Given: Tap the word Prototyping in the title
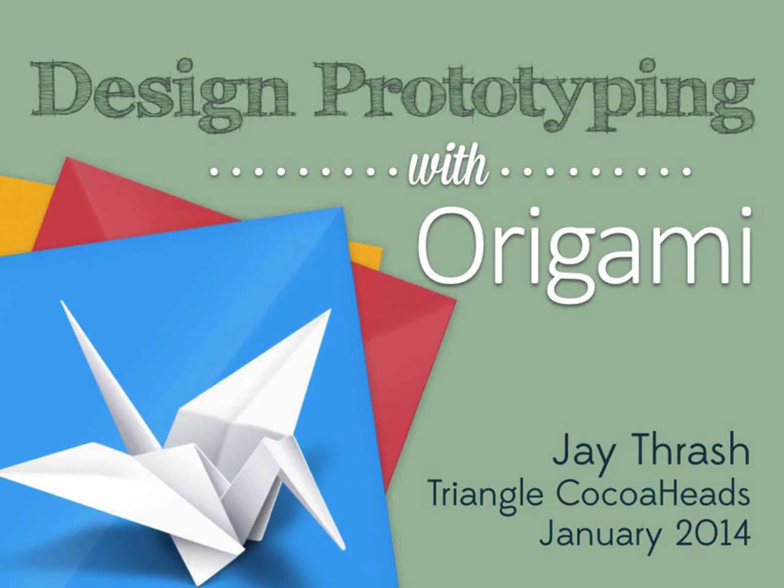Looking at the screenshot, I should pos(533,95).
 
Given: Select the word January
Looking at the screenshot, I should pos(600,534).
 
